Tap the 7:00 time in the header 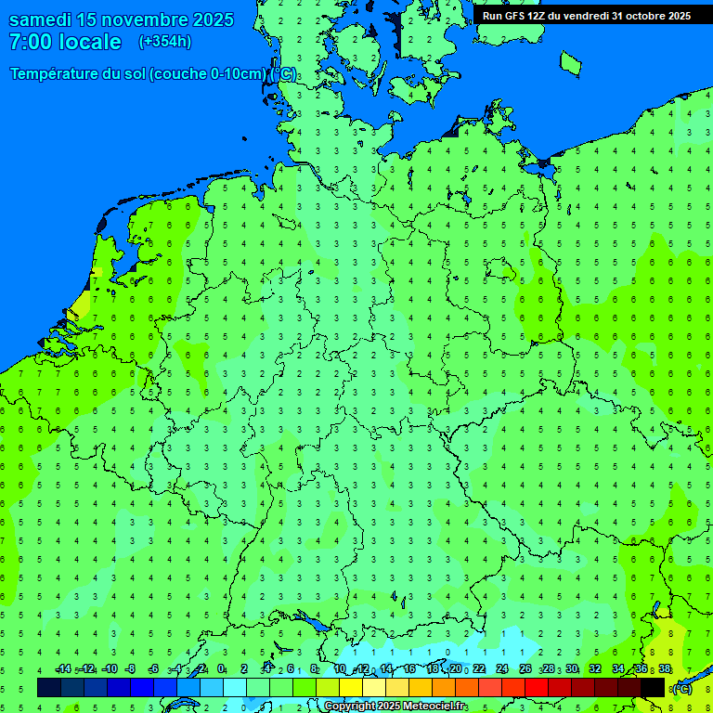click(30, 42)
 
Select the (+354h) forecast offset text click(165, 42)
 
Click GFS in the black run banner click(513, 16)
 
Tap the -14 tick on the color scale click(62, 669)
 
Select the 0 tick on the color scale click(221, 669)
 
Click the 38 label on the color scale click(665, 669)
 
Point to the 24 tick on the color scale click(502, 669)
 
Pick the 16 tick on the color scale click(409, 669)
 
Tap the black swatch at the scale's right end click(653, 687)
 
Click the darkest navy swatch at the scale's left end click(49, 687)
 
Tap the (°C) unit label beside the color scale click(681, 688)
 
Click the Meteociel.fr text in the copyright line click(434, 707)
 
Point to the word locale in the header click(89, 42)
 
